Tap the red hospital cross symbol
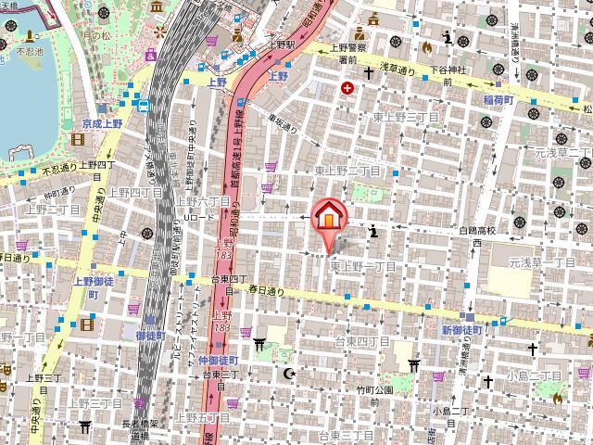pyautogui.click(x=347, y=89)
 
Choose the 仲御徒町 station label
pyautogui.click(x=219, y=360)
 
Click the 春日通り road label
pyautogui.click(x=266, y=290)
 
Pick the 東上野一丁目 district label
pyautogui.click(x=363, y=266)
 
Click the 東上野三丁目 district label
pyautogui.click(x=404, y=117)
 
